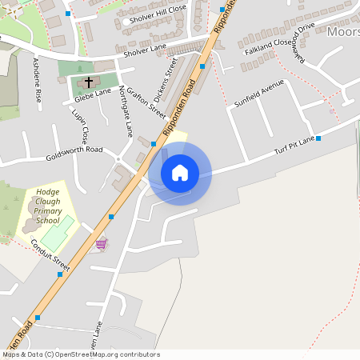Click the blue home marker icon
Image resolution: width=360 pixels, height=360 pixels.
[x=180, y=172]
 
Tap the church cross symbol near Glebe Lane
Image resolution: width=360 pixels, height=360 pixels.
[x=88, y=82]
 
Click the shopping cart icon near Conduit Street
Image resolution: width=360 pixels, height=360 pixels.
[x=101, y=243]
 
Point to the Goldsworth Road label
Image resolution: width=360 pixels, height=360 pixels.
[x=74, y=150]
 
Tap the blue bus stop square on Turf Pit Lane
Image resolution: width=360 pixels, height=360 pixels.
[x=318, y=138]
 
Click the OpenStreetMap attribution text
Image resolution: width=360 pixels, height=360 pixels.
[x=81, y=354]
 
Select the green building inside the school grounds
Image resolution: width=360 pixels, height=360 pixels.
[x=57, y=237]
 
